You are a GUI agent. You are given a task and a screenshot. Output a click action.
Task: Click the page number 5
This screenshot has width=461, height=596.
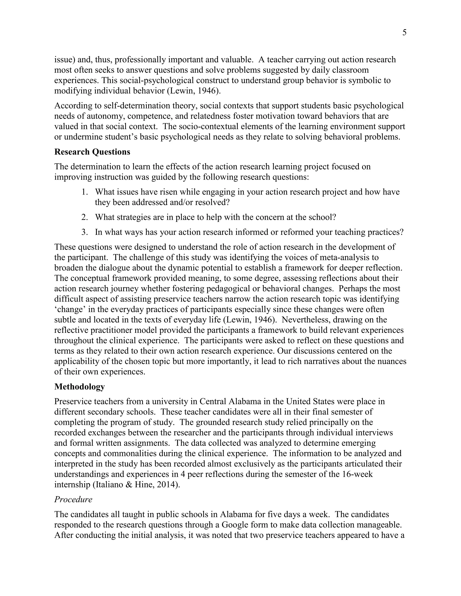404,33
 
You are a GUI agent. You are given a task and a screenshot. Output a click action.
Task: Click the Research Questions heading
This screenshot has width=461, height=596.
92,152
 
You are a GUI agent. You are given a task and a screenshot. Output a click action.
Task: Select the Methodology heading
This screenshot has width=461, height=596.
79,386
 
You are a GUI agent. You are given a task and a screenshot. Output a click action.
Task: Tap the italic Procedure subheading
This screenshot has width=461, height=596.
73,499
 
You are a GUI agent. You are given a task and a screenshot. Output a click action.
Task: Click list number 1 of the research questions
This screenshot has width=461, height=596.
84,192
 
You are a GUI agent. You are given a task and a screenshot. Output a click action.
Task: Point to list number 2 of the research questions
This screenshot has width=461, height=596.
84,217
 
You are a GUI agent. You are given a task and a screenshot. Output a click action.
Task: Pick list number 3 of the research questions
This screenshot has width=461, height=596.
84,232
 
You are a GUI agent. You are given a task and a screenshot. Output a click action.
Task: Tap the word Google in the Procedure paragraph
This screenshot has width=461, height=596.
234,525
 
